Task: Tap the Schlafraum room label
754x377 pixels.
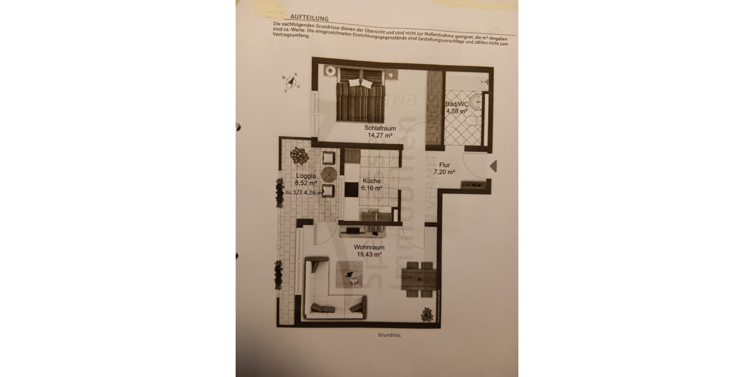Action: click(x=379, y=128)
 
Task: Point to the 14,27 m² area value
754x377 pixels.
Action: click(x=379, y=135)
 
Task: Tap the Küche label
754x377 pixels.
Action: click(x=371, y=180)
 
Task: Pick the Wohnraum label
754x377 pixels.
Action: click(x=368, y=247)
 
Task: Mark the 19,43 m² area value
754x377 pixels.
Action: click(x=368, y=254)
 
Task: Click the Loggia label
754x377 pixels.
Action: click(x=305, y=176)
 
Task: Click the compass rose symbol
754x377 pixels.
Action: click(x=290, y=82)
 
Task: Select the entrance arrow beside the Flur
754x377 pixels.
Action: click(x=493, y=166)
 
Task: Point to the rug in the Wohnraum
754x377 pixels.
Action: click(x=350, y=275)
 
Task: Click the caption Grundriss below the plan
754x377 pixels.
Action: click(x=390, y=336)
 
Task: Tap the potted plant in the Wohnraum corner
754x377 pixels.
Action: click(x=428, y=314)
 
